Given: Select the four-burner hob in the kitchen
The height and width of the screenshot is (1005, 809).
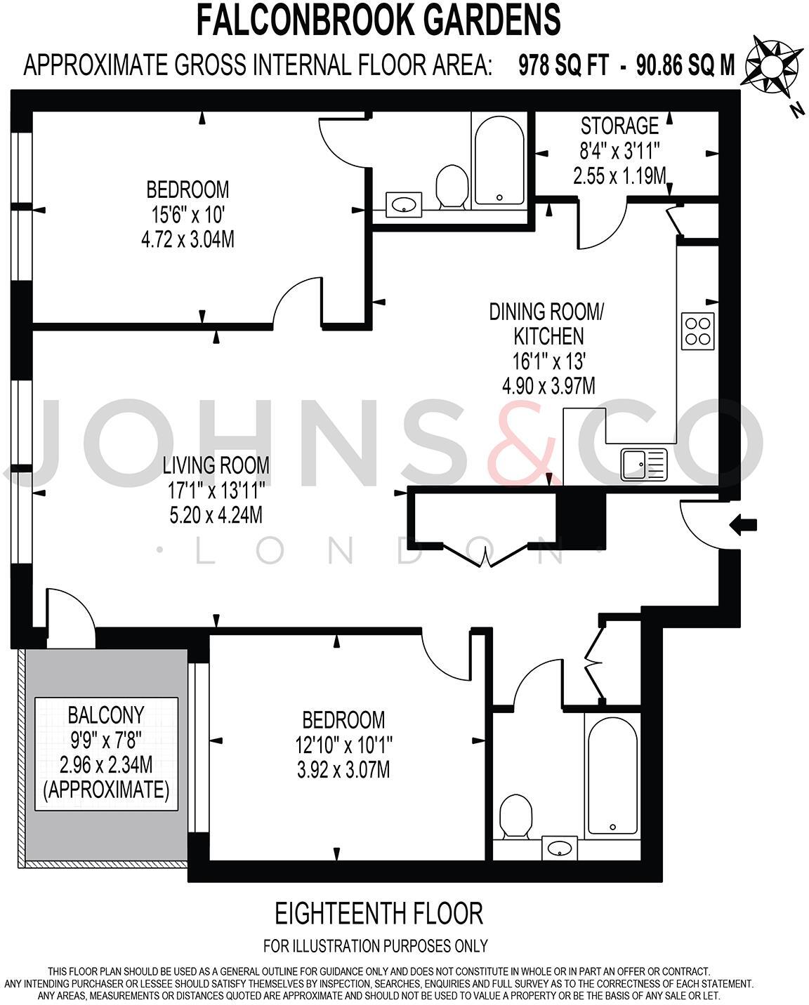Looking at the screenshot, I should tap(698, 331).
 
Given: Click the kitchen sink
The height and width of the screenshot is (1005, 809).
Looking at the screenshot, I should tap(643, 465).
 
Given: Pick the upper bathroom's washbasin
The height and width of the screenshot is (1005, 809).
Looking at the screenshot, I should tap(403, 205).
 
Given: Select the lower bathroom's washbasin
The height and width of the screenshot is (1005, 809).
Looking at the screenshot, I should tap(560, 848).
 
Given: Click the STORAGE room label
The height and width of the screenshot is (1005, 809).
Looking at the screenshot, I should tap(619, 126).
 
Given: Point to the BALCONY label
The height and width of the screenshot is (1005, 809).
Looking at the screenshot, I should tap(105, 714).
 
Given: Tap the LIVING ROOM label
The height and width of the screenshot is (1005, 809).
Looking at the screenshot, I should tap(216, 465).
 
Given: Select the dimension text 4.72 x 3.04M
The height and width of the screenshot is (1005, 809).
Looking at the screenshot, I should tap(188, 240).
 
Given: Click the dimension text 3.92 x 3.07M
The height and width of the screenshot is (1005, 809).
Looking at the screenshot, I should tap(343, 770).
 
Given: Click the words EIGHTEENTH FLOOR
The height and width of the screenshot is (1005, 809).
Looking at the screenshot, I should tap(379, 914).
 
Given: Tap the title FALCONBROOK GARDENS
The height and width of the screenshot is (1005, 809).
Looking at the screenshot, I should tap(379, 20).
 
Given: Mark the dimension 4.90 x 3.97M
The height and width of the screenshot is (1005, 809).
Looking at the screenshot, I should tap(548, 386).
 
